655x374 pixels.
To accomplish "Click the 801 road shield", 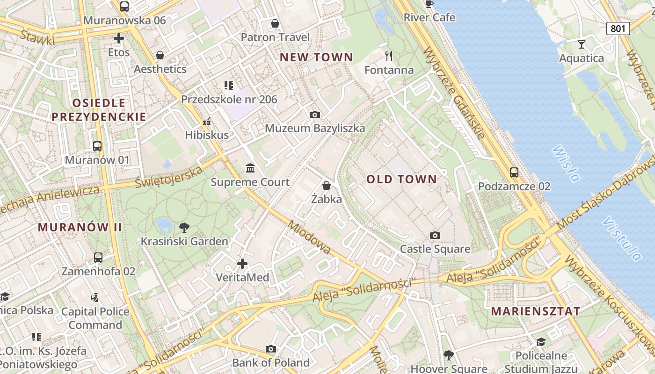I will pyautogui.click(x=618, y=29).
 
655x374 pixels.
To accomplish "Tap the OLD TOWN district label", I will pyautogui.click(x=401, y=179).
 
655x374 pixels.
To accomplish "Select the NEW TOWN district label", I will pyautogui.click(x=316, y=58).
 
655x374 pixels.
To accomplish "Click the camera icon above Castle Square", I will pyautogui.click(x=435, y=235).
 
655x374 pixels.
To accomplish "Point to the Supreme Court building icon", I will pyautogui.click(x=250, y=168).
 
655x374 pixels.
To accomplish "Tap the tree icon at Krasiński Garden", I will pyautogui.click(x=184, y=228).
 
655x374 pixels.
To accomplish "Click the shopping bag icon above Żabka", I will pyautogui.click(x=327, y=186).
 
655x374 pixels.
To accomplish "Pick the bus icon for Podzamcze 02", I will pyautogui.click(x=514, y=173).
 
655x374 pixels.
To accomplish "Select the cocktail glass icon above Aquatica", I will pyautogui.click(x=582, y=44).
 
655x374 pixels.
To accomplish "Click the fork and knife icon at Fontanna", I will pyautogui.click(x=389, y=56).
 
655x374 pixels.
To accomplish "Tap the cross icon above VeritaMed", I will pyautogui.click(x=242, y=264).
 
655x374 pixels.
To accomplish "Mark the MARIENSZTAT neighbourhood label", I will pyautogui.click(x=536, y=311).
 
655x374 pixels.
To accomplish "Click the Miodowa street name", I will pyautogui.click(x=310, y=237).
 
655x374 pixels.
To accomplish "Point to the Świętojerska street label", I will pyautogui.click(x=169, y=177).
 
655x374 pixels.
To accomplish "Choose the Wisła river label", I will pyautogui.click(x=566, y=163).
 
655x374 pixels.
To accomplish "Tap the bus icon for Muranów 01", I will pyautogui.click(x=97, y=146).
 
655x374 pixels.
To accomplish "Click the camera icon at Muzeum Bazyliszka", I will pyautogui.click(x=315, y=115).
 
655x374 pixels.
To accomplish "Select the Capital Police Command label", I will pyautogui.click(x=95, y=318).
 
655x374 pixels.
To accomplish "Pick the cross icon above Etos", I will pyautogui.click(x=119, y=38).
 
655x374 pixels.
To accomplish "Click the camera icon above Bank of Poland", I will pyautogui.click(x=271, y=349).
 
